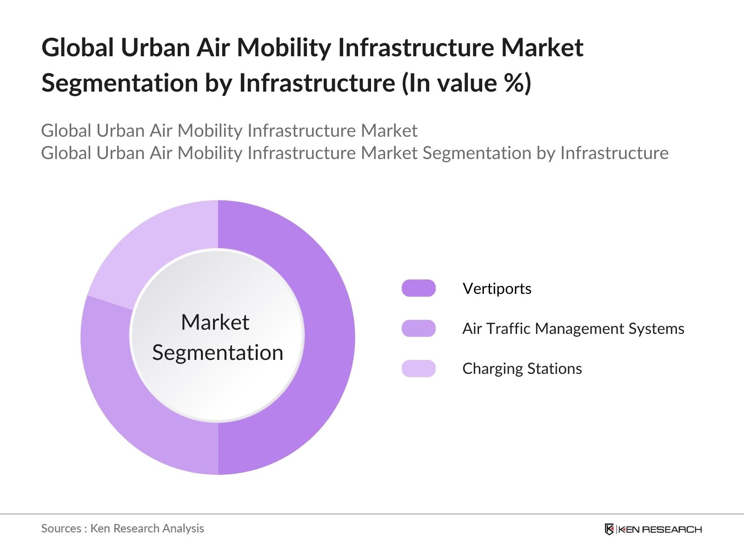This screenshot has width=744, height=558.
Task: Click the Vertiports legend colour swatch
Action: [x=418, y=288]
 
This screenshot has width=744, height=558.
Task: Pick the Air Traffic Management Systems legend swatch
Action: [x=418, y=328]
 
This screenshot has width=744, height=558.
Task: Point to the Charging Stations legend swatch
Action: [x=418, y=368]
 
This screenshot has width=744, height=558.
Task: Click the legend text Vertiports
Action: [x=497, y=289]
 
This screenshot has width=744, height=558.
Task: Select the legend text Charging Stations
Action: [x=522, y=369]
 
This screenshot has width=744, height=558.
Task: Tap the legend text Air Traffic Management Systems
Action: [x=573, y=329]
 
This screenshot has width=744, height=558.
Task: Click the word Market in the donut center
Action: [x=215, y=322]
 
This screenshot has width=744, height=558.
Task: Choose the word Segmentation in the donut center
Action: [x=218, y=352]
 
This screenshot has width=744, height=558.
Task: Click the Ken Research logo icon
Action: [x=609, y=529]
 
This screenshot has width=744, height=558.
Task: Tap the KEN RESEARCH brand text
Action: [x=660, y=529]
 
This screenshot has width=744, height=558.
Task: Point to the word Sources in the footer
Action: [x=61, y=528]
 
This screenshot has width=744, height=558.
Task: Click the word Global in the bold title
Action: [x=77, y=48]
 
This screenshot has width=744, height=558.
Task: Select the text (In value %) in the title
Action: [x=466, y=83]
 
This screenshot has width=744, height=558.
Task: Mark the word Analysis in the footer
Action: [x=185, y=528]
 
